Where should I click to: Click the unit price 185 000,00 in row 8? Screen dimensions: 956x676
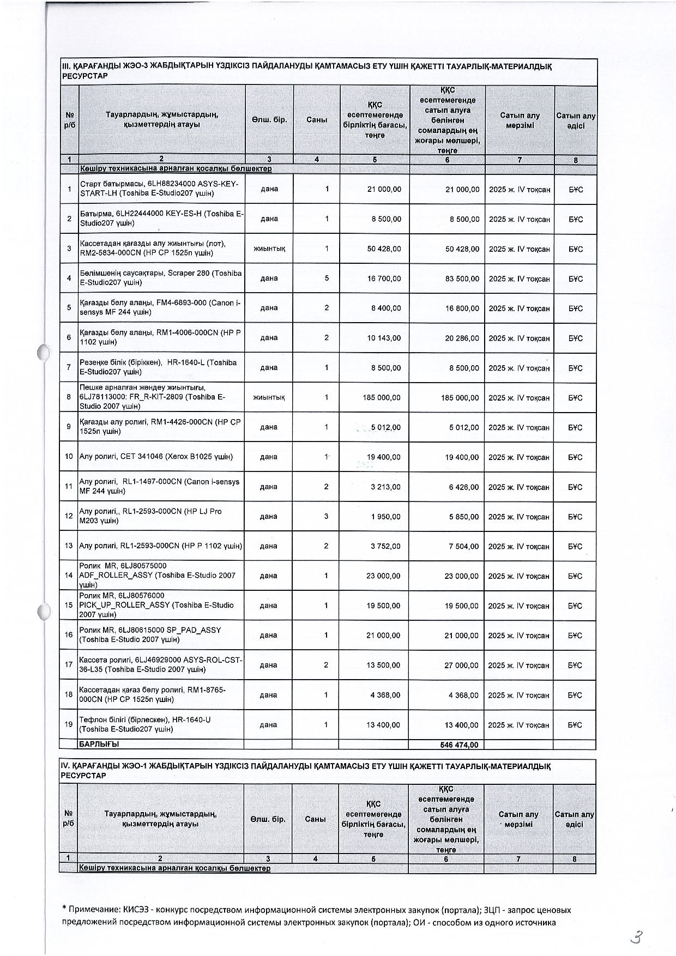click(382, 398)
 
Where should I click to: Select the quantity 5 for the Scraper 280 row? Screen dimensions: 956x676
click(327, 278)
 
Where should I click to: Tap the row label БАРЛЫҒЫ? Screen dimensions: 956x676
click(99, 744)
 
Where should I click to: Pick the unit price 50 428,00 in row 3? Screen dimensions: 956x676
click(384, 249)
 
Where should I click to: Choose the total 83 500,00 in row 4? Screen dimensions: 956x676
click(462, 279)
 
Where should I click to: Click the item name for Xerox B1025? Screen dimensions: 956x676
click(156, 457)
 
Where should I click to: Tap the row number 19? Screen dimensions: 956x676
click(69, 724)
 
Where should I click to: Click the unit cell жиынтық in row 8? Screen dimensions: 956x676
click(269, 397)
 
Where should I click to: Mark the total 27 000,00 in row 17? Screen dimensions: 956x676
click(462, 665)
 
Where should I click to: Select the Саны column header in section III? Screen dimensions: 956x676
click(317, 119)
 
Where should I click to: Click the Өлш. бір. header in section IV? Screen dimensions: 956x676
click(268, 819)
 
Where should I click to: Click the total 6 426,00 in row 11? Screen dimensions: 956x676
click(463, 487)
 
